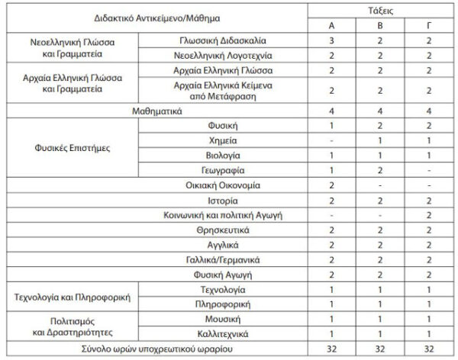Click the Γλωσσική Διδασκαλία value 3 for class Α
point(331,40)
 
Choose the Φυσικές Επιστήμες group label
point(71,148)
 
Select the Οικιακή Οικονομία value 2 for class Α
point(331,185)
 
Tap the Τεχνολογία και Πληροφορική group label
point(71,297)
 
